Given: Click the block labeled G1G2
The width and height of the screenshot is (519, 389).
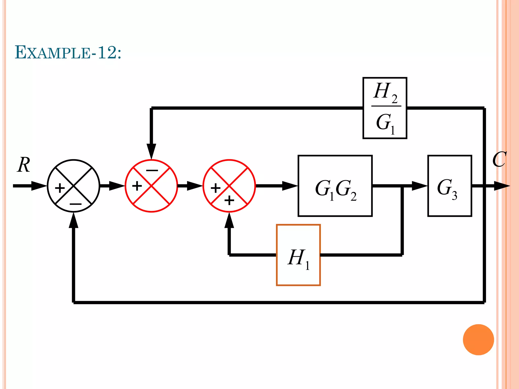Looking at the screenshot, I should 335,186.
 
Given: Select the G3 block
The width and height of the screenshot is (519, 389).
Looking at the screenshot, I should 450,186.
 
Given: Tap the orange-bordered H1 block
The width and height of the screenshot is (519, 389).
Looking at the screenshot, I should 298,255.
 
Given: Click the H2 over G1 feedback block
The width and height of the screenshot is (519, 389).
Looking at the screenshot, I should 385,108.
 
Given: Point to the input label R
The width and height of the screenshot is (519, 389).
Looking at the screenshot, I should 24,165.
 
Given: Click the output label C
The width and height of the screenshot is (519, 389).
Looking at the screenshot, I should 499,160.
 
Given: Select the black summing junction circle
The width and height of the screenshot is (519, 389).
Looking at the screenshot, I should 73,186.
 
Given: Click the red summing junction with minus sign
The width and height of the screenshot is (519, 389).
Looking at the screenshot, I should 151,186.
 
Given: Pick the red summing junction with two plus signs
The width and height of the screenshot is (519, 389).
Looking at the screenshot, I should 229,186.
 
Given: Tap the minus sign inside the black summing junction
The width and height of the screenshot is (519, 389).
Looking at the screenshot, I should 75,204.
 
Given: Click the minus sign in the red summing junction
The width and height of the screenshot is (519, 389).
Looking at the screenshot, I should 152,170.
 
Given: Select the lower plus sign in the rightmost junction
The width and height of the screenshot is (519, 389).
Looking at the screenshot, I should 229,201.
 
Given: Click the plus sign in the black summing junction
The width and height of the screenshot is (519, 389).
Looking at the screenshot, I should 60,188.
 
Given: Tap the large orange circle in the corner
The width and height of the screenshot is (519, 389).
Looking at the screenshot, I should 478,340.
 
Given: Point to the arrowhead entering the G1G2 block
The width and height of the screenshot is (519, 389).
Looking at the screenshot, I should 290,186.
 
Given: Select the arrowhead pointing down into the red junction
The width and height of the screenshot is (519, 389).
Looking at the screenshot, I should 151,151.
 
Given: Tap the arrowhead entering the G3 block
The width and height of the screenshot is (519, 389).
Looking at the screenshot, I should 419,186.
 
